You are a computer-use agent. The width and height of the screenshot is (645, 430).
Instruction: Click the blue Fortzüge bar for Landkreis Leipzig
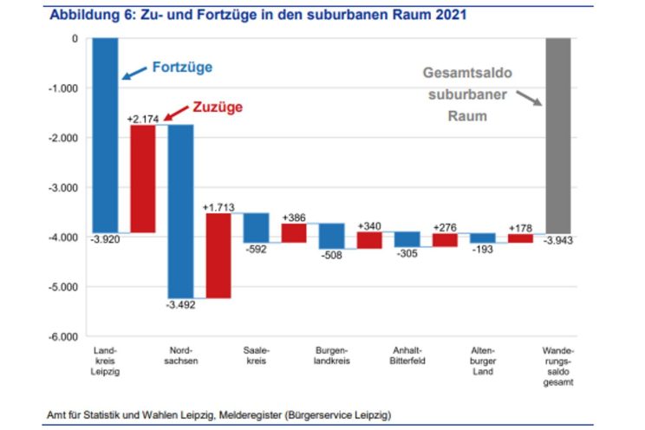pos(106,134)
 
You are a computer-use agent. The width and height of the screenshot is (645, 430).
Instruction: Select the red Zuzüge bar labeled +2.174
pos(143,179)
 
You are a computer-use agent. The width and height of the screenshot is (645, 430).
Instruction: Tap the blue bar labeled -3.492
pos(180,211)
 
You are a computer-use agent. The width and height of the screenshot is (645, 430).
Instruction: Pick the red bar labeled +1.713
pos(218,255)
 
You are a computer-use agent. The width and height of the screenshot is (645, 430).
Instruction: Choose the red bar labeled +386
pos(294,232)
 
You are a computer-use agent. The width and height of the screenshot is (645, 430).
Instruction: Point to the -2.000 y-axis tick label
pos(62,138)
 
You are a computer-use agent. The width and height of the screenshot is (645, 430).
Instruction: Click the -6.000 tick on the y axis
pos(62,336)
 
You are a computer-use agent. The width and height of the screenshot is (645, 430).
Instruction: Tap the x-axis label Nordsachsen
pos(180,355)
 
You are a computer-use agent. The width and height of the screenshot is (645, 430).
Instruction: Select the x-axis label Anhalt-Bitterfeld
pos(407,355)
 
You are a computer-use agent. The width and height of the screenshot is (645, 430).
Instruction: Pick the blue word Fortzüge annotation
pos(182,67)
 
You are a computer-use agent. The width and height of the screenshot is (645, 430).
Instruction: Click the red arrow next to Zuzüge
pos(175,113)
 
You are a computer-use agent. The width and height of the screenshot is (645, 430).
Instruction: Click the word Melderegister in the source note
pos(253,414)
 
